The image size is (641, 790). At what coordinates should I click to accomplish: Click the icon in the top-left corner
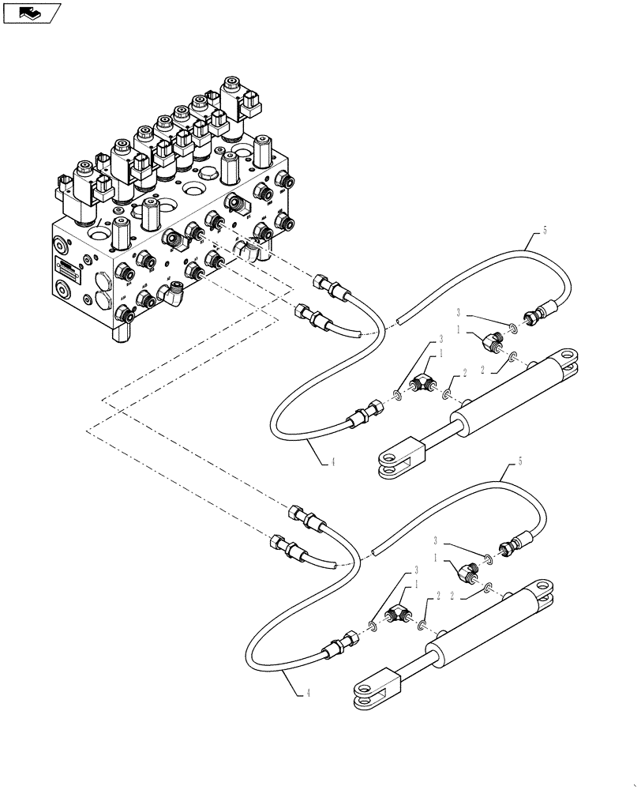32,12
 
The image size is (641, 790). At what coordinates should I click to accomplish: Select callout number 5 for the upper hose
544,232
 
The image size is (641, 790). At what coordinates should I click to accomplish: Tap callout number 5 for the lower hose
519,460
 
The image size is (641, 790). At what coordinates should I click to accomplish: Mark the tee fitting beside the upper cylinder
425,383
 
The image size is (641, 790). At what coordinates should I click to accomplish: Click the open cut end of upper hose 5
400,321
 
